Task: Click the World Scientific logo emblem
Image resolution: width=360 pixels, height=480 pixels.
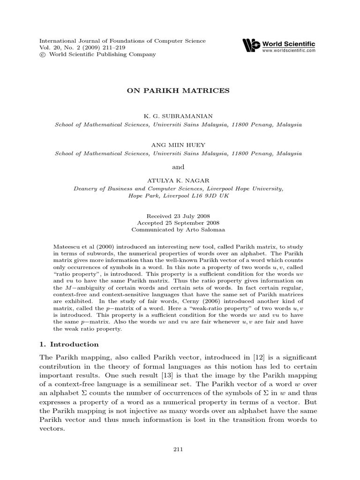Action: coord(251,45)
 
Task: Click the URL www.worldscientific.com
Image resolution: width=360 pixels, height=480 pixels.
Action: coord(289,50)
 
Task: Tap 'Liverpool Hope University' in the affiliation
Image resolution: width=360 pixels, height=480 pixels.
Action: coord(243,188)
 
